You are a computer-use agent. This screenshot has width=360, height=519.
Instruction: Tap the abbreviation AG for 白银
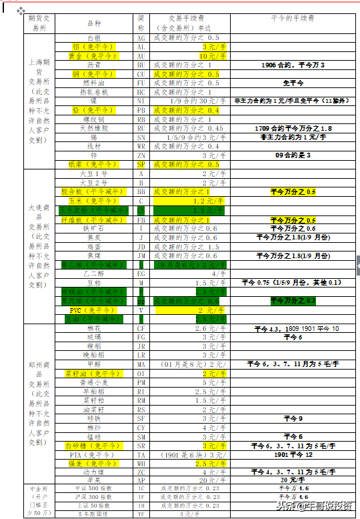pos(141,39)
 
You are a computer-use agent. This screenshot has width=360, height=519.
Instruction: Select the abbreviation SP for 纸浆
pos(141,163)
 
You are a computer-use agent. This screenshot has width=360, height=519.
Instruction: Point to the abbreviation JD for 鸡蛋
pos(141,246)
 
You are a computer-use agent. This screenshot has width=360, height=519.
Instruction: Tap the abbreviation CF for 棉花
pos(141,328)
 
